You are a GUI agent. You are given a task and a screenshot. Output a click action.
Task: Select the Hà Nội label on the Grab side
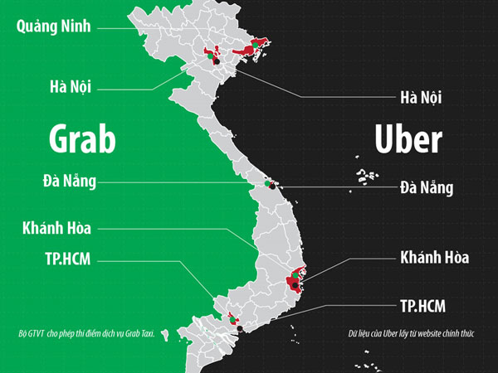(x=69, y=85)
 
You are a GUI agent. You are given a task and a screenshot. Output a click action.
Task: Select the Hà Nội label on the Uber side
(x=421, y=98)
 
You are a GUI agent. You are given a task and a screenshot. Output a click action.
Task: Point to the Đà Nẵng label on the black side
(x=426, y=187)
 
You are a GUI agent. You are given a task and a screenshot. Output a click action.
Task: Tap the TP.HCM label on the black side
(x=422, y=306)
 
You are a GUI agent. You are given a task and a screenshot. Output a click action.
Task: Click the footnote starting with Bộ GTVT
(x=86, y=335)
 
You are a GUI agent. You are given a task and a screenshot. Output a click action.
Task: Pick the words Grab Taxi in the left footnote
(x=139, y=335)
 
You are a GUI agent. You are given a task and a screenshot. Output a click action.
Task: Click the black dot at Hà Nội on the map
(x=214, y=61)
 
